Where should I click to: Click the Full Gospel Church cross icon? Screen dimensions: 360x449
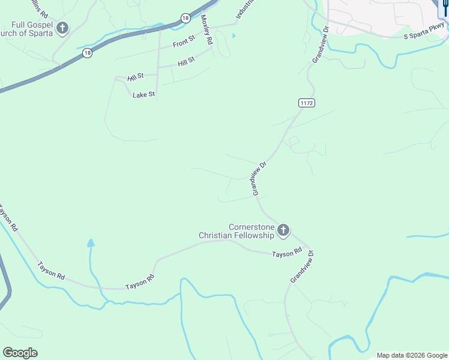pos(62,28)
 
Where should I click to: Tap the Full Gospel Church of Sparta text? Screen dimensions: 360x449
pos(27,28)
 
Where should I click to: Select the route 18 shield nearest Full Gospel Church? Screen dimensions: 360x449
pos(88,53)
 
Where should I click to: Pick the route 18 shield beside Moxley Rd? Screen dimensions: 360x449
pos(186,18)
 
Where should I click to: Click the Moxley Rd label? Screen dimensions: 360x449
pos(207,30)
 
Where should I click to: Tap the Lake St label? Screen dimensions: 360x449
pos(144,94)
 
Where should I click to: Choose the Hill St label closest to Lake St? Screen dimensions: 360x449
pos(136,77)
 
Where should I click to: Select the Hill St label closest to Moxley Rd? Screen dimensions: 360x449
pos(186,62)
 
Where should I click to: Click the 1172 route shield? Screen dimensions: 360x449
pos(306,103)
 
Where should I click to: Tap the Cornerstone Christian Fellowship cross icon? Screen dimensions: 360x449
pos(283,230)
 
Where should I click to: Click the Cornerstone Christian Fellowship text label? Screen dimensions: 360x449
pos(237,231)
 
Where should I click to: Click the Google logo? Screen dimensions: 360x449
pos(20,352)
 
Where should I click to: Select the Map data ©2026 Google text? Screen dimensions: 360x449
pos(412,355)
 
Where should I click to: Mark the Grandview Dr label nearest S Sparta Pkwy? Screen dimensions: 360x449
pos(321,45)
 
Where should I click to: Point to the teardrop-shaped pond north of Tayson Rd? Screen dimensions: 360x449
pos(91,243)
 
